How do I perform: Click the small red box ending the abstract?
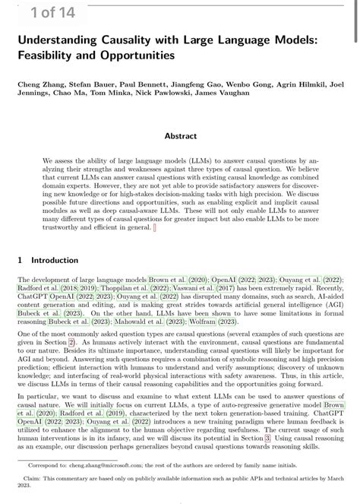(x=155, y=227)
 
